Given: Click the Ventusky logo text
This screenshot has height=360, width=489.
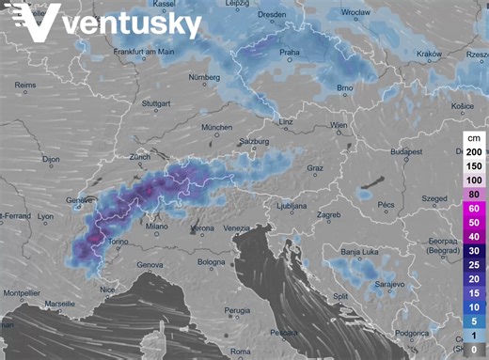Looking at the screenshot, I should coord(132,23).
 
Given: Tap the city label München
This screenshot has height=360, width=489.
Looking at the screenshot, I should coord(216,126).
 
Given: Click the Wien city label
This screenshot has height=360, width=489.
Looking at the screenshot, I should coord(339,125).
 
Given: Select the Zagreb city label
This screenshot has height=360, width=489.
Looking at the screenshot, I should coord(328,215).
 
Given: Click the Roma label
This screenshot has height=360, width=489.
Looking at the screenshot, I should coord(242,352).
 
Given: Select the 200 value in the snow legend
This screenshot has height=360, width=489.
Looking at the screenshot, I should coord(474,151).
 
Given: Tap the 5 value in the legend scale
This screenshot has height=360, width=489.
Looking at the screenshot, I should coord(474,321).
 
